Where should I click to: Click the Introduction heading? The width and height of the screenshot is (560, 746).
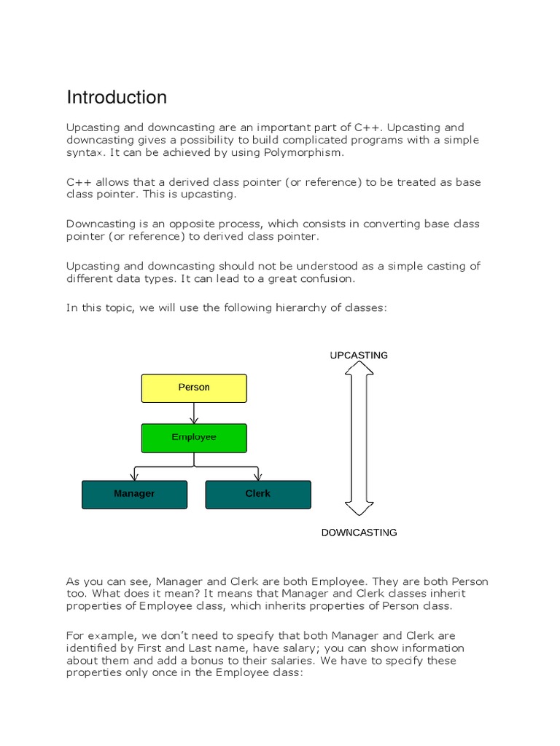click(117, 98)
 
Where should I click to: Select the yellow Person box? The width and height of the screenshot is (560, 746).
click(194, 388)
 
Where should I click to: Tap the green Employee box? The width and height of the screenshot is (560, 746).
click(194, 437)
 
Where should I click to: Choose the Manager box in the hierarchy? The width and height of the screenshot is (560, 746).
click(134, 494)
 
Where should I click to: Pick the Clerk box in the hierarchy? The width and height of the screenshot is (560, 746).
click(258, 494)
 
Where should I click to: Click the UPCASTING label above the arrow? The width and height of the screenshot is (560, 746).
click(359, 356)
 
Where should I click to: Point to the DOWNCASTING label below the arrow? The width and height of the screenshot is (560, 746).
click(359, 533)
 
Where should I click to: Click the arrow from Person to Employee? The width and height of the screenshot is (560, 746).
click(194, 413)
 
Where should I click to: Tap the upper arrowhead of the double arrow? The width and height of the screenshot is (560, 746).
click(359, 369)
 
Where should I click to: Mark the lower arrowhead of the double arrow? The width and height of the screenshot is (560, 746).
click(359, 507)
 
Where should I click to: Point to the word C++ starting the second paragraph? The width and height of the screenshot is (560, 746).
click(79, 182)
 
